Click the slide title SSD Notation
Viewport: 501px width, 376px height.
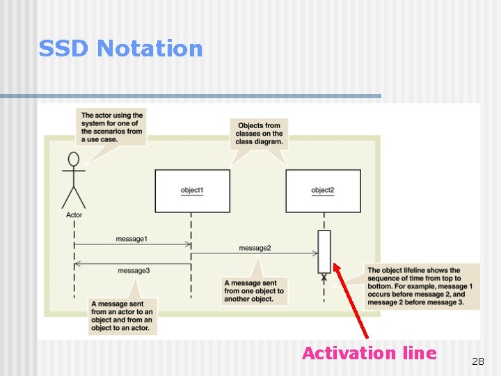(120, 48)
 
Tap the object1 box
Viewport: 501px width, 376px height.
(192, 190)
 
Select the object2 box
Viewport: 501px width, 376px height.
(323, 190)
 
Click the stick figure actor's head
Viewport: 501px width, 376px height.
(73, 159)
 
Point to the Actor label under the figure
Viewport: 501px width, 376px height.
(74, 215)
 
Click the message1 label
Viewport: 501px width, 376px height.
(132, 239)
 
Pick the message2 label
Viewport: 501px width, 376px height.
(255, 248)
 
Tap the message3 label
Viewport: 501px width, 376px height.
(133, 270)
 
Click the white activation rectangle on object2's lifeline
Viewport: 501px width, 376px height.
(324, 251)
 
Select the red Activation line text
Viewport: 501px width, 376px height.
(369, 353)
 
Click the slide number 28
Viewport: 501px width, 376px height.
(477, 361)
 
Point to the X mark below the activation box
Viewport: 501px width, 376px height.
(324, 277)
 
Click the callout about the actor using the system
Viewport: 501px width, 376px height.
(112, 127)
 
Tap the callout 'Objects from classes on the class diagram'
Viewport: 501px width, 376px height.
(259, 132)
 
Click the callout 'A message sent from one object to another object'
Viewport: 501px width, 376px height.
(253, 290)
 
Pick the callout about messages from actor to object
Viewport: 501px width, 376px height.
(122, 316)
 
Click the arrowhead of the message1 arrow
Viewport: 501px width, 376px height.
(189, 244)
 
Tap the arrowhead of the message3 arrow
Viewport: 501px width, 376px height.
(77, 263)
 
